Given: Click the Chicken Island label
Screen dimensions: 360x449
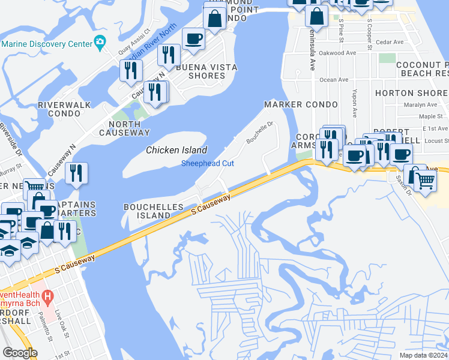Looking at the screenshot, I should point(177,151).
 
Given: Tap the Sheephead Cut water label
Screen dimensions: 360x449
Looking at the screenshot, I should point(207,163).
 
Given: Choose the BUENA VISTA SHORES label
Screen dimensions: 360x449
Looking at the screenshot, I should point(206,71).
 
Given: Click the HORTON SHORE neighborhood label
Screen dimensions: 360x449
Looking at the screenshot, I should point(411,93).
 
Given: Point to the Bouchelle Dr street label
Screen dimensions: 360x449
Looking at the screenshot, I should point(261,133).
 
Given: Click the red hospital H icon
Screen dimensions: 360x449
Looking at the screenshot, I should point(49,296).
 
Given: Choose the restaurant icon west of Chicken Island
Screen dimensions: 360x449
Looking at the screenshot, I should point(76,173).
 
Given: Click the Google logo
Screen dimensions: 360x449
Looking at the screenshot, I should point(19,353).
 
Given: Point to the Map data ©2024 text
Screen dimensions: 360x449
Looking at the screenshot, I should point(423,355).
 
